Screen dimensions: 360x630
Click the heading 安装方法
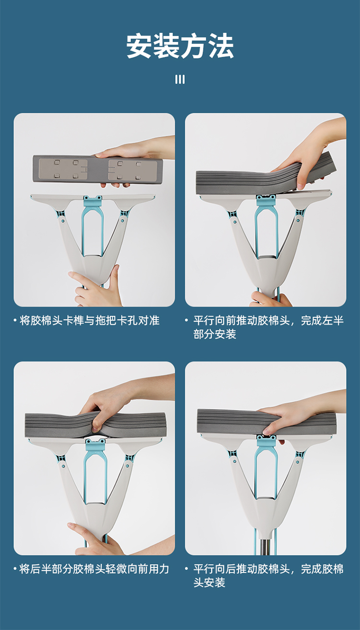pyautogui.click(x=180, y=47)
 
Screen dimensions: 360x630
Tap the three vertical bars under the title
pyautogui.click(x=180, y=79)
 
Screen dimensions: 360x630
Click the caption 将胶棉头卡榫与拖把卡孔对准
pyautogui.click(x=89, y=320)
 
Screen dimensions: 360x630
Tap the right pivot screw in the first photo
pyautogui.click(x=122, y=220)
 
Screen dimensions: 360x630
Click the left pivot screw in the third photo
pyautogui.click(x=63, y=466)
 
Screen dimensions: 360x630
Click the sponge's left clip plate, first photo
pyautogui.click(x=63, y=170)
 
